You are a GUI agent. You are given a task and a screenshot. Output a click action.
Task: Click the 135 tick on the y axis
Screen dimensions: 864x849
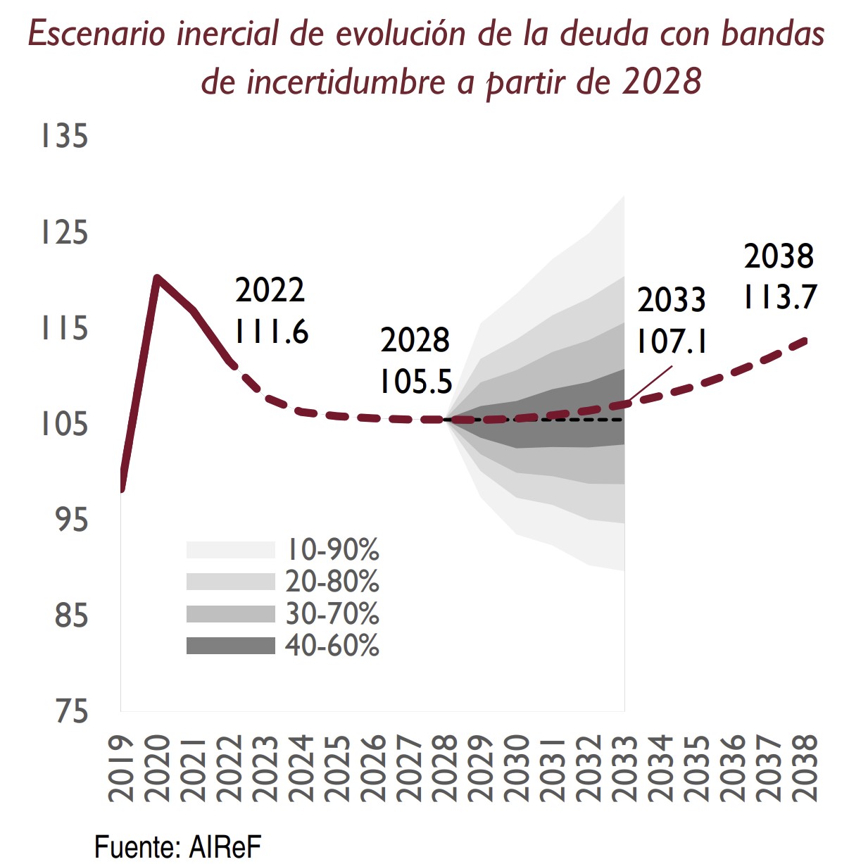[65, 135]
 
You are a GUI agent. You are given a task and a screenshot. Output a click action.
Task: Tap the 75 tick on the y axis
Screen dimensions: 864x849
[72, 712]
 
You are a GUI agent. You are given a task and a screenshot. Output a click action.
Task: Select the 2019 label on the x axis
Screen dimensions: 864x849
[121, 768]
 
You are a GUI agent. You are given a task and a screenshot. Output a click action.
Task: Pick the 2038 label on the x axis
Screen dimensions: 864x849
[805, 768]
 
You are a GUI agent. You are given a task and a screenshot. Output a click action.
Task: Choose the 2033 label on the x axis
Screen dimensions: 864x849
[624, 768]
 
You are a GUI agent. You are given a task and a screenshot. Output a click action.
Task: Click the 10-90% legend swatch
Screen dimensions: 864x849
[230, 550]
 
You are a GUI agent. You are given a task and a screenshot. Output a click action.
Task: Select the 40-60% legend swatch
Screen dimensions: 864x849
[230, 646]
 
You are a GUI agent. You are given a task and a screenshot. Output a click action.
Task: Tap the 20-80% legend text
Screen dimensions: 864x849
[332, 582]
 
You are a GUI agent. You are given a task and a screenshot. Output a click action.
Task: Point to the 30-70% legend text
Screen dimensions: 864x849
[332, 614]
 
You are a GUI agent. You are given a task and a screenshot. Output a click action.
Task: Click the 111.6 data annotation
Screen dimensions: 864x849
[272, 332]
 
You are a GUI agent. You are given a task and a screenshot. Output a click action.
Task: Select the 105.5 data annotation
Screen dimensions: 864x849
[415, 382]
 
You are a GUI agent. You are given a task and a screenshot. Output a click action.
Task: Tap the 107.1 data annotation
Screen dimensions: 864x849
[672, 342]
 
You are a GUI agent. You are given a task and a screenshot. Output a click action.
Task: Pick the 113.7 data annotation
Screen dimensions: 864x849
[779, 296]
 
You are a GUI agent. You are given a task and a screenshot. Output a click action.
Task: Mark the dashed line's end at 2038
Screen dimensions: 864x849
[805, 341]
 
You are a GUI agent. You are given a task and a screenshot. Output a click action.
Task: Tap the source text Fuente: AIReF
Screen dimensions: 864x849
[177, 846]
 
